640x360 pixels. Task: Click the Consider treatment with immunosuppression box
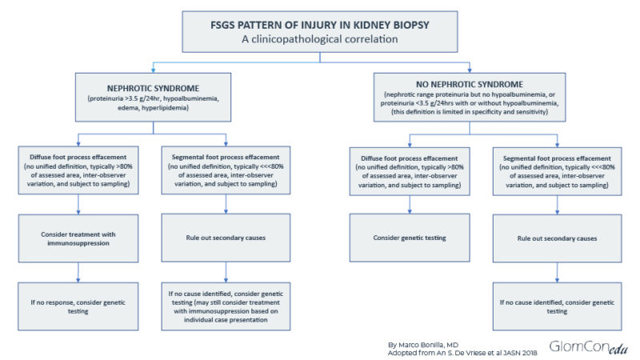click(78, 238)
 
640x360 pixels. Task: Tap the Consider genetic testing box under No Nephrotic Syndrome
click(409, 238)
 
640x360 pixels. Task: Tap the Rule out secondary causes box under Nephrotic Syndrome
click(227, 238)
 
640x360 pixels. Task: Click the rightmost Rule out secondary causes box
click(559, 238)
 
